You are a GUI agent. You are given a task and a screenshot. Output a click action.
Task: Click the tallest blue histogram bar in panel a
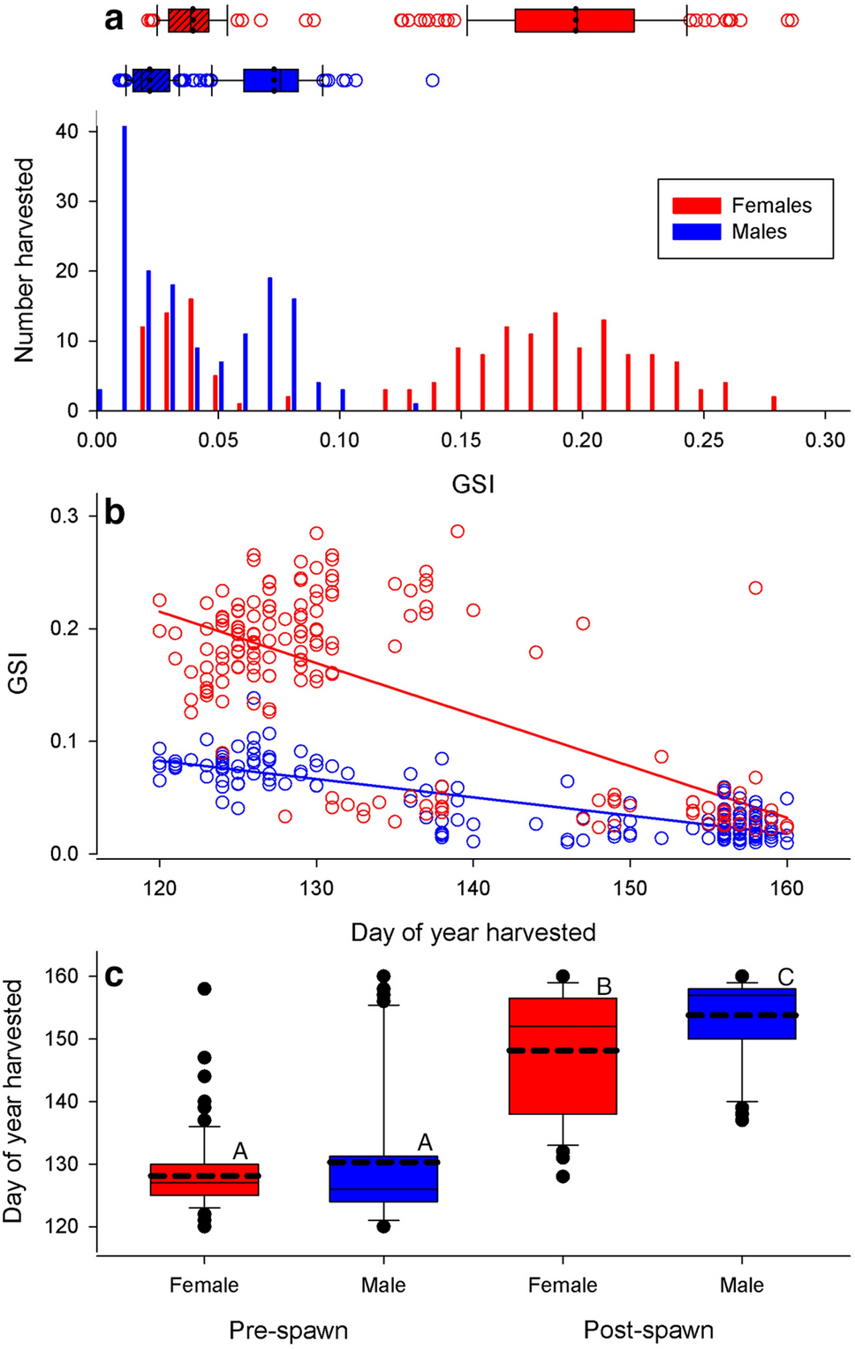pos(125,268)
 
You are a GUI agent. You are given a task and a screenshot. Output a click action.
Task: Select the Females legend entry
pos(770,206)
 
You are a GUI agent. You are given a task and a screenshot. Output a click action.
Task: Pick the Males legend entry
pos(758,232)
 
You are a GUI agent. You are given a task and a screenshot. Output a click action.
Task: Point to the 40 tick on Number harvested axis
pos(67,132)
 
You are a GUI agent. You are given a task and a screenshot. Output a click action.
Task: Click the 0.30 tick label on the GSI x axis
pos(824,440)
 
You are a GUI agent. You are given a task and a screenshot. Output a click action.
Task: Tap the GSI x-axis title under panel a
pos(473,484)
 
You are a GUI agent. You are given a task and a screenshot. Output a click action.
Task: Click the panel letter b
pos(115,513)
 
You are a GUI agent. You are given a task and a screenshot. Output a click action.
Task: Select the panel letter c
pos(114,976)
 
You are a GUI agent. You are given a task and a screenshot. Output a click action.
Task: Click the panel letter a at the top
pos(114,19)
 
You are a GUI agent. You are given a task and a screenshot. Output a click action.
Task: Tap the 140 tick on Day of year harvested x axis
pos(473,888)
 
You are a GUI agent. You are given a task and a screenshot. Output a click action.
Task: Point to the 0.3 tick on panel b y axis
pos(65,516)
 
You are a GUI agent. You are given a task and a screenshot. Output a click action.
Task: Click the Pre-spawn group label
pos(288,1330)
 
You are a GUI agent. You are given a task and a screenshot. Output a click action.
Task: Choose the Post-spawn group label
pos(648,1330)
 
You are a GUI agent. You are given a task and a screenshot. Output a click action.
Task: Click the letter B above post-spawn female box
pos(604,987)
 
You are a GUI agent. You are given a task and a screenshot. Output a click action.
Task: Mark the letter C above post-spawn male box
pos(785,977)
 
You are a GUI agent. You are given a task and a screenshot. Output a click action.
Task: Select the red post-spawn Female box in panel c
pos(563,1056)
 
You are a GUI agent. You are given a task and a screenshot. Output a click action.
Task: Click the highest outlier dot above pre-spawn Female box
pos(204,989)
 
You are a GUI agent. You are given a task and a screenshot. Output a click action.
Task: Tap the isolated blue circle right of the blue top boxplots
pos(432,80)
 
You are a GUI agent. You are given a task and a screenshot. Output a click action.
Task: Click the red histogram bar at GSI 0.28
pos(774,403)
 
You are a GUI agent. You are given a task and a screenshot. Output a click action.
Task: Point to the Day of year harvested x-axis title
pos(473,932)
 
